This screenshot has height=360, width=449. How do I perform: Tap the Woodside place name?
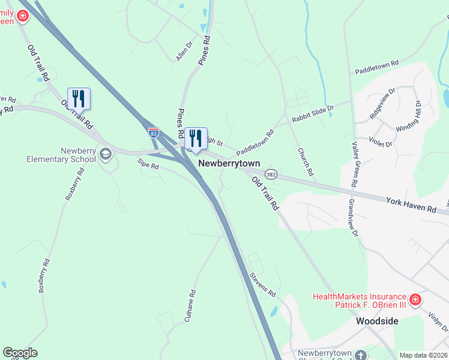point(377,321)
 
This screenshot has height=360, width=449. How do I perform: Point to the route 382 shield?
point(271,174)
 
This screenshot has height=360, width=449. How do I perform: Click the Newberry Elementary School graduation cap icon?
point(106,154)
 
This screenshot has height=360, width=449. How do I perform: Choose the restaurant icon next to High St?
point(196,139)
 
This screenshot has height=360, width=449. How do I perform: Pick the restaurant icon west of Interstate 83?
point(79,98)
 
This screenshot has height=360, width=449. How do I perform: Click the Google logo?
point(20,353)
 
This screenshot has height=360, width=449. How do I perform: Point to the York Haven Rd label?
point(411,205)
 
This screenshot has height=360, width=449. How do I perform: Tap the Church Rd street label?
point(306,162)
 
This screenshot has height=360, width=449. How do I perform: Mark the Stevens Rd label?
point(262,286)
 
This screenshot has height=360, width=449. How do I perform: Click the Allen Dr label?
point(184,51)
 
